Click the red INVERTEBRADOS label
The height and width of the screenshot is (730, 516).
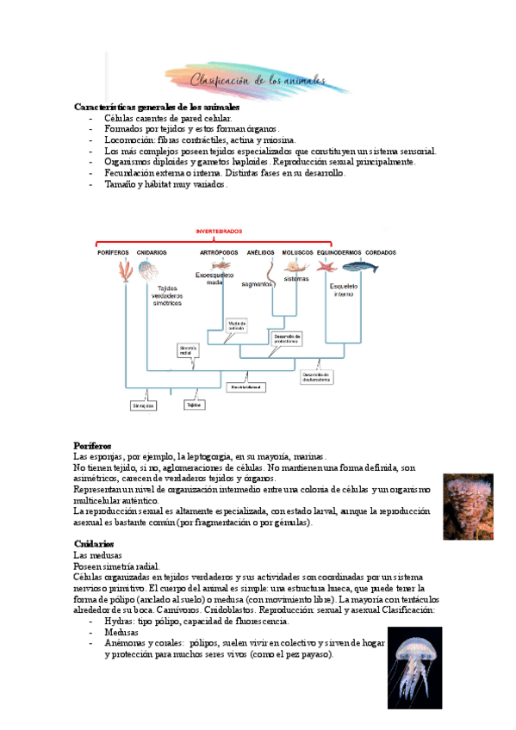click(x=219, y=232)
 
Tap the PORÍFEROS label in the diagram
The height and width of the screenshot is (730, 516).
click(x=112, y=252)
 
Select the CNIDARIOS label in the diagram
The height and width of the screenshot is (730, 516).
click(x=152, y=252)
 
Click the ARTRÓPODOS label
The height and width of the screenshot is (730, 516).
click(x=219, y=252)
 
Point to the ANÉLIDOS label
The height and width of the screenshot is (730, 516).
click(x=260, y=252)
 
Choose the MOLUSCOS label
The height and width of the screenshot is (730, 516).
click(x=296, y=252)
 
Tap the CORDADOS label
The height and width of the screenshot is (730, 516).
click(x=381, y=252)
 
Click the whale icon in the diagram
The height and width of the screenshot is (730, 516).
click(x=359, y=268)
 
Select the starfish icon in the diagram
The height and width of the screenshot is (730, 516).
click(x=326, y=267)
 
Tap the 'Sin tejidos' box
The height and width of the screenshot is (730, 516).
click(x=143, y=405)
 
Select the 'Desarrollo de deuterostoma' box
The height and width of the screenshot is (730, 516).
click(x=316, y=376)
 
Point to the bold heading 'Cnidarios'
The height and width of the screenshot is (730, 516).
click(x=94, y=544)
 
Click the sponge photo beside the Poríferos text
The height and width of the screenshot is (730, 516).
click(x=468, y=506)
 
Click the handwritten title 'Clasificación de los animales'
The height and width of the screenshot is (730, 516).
click(x=258, y=80)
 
